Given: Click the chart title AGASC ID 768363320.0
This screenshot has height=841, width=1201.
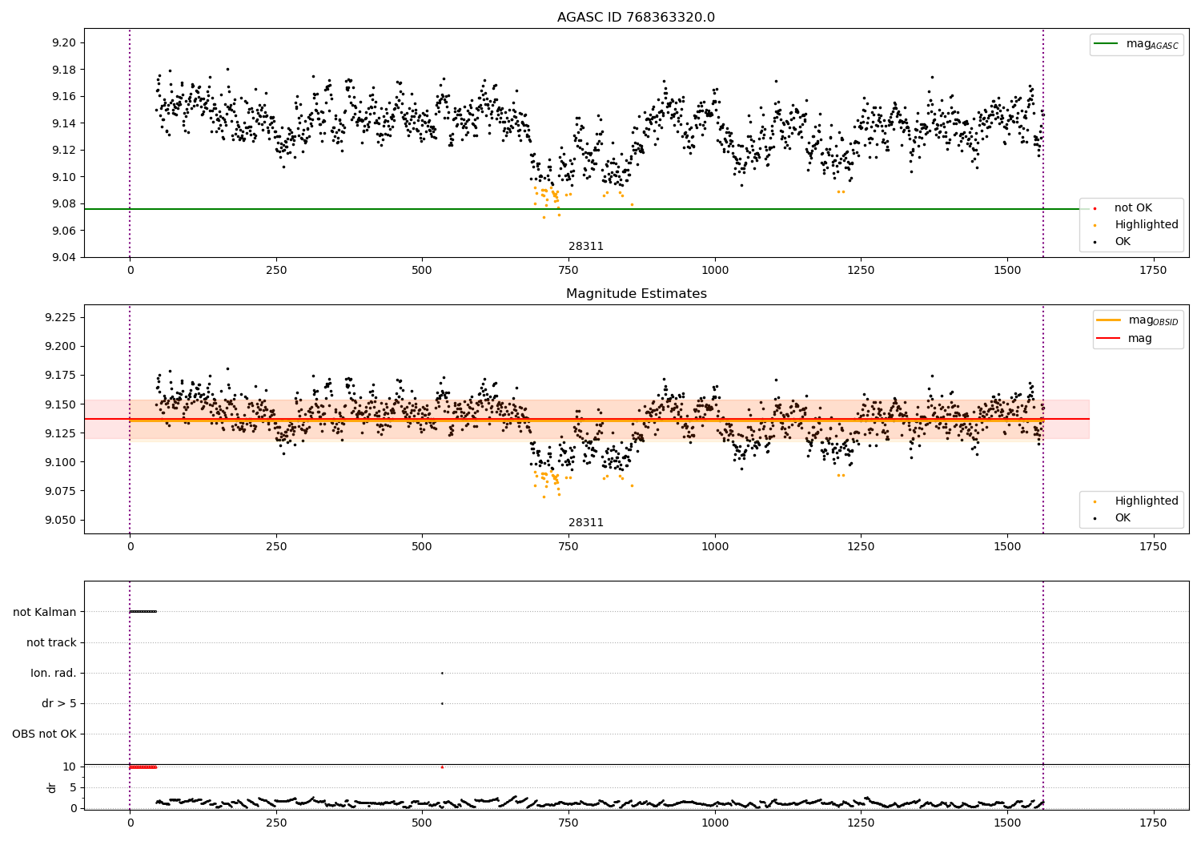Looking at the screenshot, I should [x=636, y=18].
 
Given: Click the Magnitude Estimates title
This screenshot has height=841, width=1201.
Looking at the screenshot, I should [x=636, y=294].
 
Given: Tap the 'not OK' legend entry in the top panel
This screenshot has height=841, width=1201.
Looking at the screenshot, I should [x=1132, y=208].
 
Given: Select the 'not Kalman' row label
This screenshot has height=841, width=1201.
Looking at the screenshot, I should [x=45, y=612].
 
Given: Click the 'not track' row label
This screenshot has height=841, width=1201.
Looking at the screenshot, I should [x=51, y=642].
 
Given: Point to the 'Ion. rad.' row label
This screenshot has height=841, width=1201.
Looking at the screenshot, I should [x=54, y=673].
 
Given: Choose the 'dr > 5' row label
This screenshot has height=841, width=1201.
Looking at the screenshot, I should [x=59, y=703].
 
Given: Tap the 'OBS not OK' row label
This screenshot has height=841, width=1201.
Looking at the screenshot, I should [x=44, y=734].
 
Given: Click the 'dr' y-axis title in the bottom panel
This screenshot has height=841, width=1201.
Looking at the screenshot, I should [x=52, y=787].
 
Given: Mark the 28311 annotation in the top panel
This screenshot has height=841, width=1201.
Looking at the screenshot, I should [x=586, y=247].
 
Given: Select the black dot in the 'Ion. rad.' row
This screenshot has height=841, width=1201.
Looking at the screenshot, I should [x=442, y=673].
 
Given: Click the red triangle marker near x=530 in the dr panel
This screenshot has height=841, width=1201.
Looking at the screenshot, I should [x=442, y=767].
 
